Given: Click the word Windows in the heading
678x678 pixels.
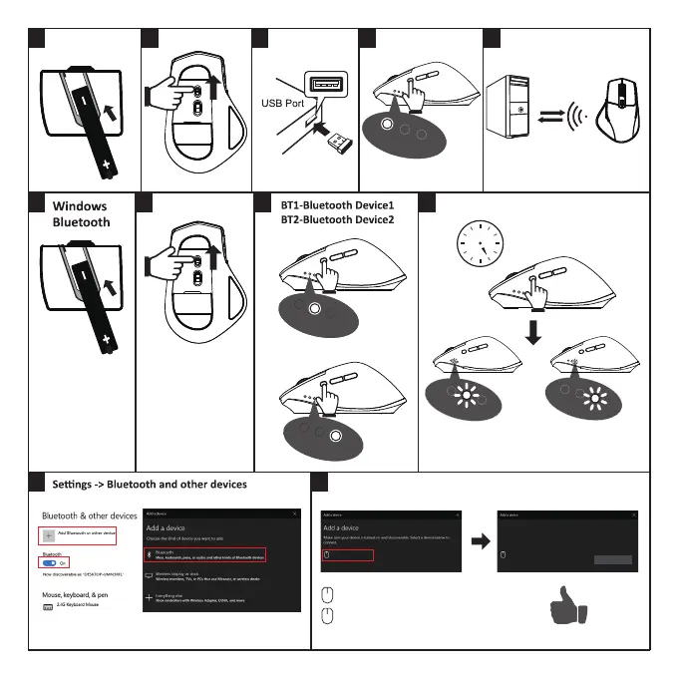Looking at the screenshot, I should (x=80, y=206).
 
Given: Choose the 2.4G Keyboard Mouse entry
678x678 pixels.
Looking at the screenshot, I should (x=78, y=605).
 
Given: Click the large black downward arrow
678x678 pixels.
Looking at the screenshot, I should (x=536, y=331).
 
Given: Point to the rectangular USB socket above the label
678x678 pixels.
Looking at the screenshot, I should (x=328, y=85).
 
